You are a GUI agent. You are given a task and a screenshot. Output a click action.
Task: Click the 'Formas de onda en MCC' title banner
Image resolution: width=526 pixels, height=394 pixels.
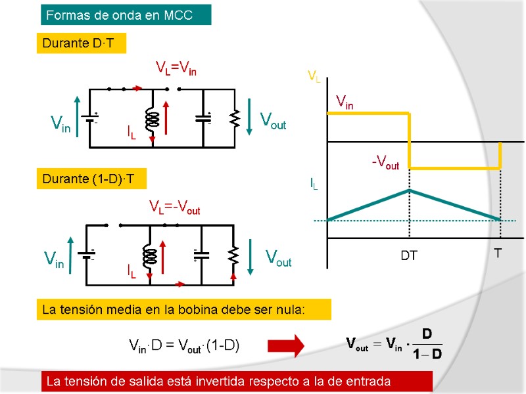(x=126, y=14)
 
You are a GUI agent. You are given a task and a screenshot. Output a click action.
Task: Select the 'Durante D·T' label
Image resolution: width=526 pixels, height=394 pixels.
(x=80, y=43)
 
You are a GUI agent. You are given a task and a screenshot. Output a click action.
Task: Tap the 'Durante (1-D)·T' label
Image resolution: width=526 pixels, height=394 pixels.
(x=89, y=179)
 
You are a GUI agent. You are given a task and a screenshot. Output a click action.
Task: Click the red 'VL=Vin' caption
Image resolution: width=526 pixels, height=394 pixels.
(x=176, y=68)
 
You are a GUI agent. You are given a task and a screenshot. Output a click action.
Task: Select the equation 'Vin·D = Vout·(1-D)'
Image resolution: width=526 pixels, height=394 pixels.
(x=183, y=345)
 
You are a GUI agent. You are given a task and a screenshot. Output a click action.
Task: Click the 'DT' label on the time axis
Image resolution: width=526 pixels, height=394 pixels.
(x=409, y=255)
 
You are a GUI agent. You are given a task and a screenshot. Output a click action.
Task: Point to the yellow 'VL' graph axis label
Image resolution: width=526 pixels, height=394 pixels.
(x=314, y=77)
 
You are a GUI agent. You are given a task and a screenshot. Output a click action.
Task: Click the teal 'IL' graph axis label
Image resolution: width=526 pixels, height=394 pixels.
(x=314, y=185)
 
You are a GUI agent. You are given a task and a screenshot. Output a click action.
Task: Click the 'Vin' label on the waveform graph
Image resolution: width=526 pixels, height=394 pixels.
(x=345, y=102)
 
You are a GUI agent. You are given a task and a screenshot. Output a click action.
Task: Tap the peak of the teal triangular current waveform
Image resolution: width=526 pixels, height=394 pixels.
(x=410, y=190)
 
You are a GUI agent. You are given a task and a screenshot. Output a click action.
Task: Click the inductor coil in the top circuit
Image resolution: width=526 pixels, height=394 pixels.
(x=152, y=119)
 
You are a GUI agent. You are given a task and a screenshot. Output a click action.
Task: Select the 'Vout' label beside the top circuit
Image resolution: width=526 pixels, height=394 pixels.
(x=273, y=121)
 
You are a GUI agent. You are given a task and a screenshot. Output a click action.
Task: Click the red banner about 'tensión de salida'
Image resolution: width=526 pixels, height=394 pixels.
(x=237, y=381)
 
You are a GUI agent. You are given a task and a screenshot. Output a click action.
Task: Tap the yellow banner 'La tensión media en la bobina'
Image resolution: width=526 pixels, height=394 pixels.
(x=182, y=309)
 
